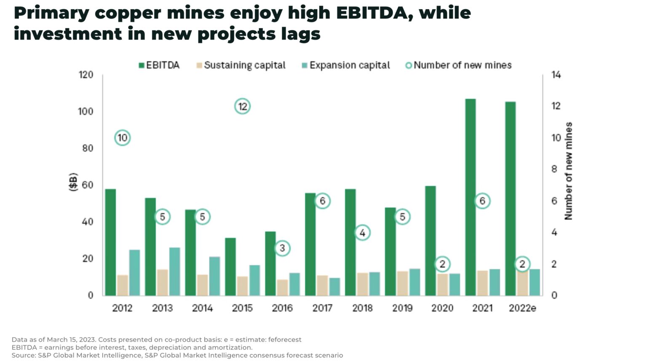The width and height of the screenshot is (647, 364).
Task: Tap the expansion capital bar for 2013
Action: click(174, 271)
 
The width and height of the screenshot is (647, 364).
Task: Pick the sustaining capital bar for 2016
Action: click(282, 287)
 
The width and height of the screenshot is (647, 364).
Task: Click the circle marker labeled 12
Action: click(242, 107)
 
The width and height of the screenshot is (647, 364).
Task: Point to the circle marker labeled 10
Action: click(122, 138)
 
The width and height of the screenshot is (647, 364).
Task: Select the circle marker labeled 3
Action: click(282, 248)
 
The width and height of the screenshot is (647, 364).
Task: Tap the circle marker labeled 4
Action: click(362, 233)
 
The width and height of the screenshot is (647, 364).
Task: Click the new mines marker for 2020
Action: click(442, 264)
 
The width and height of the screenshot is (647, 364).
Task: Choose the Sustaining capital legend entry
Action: click(241, 65)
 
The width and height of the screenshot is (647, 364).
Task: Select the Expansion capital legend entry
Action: click(346, 65)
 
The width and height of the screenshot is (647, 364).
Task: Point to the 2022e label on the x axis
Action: click(522, 308)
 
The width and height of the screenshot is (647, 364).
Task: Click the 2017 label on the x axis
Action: click(322, 308)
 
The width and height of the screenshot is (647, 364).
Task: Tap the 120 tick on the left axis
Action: click(86, 75)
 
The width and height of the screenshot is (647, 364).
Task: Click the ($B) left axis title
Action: click(73, 182)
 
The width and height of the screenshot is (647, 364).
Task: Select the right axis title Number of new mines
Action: click(569, 171)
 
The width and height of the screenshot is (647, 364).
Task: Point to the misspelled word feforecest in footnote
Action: click(285, 340)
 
